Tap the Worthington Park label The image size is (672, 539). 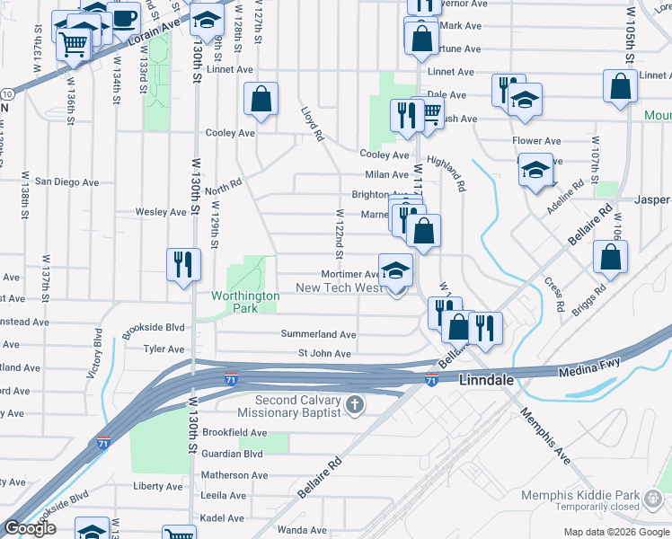(x=234, y=301)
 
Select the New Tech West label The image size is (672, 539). (x=339, y=287)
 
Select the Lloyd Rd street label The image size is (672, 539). (x=311, y=124)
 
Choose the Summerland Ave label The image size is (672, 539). (x=318, y=334)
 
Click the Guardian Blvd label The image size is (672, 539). (x=232, y=454)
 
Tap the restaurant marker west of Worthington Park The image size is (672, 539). (x=182, y=264)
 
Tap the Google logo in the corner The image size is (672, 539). (x=30, y=528)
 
